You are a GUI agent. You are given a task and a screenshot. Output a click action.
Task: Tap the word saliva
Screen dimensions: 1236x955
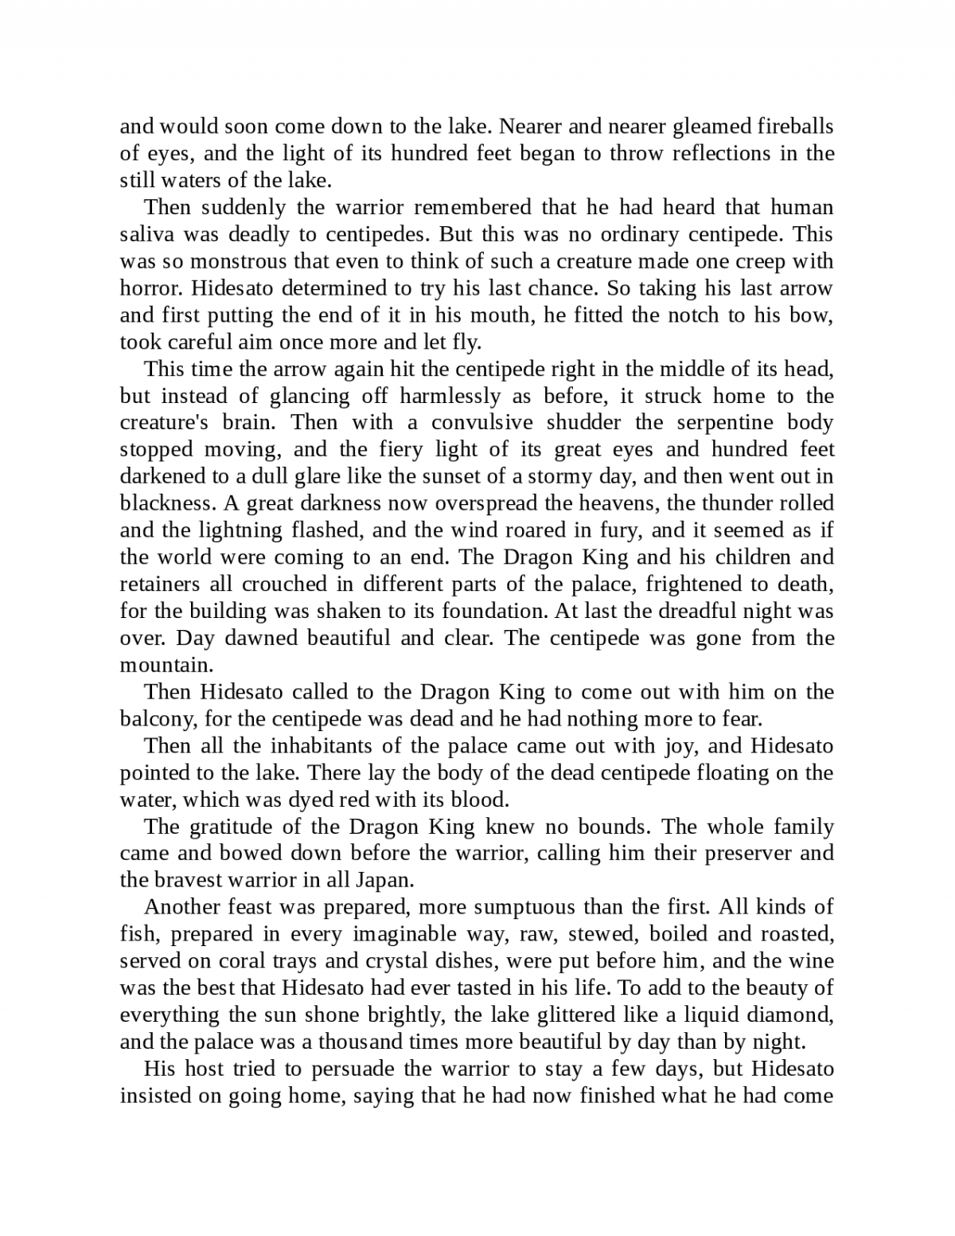[145, 234]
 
